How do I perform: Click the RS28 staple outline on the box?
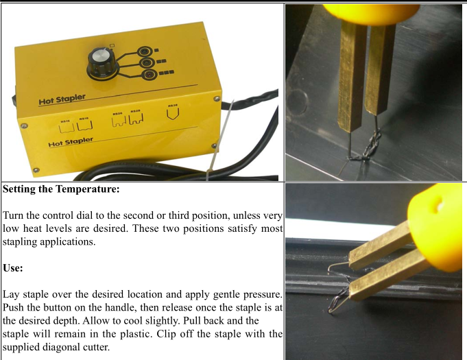[x=135, y=120]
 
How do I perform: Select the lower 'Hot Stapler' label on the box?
[x=70, y=142]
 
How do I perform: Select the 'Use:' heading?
[x=13, y=268]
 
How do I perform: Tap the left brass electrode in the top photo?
[x=350, y=75]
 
